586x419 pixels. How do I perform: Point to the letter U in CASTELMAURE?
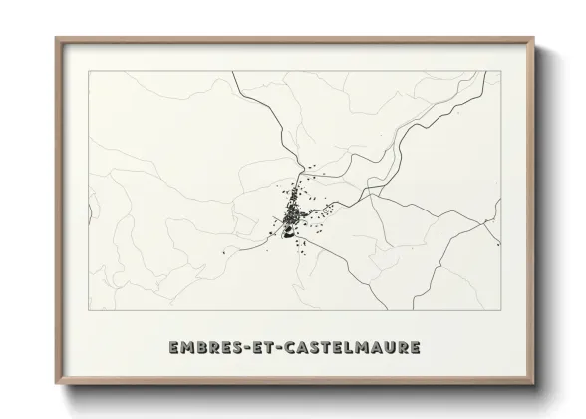(388, 348)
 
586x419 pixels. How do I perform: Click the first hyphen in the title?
(246, 348)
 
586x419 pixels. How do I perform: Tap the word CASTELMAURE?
(352, 348)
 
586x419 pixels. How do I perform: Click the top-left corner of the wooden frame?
(56, 38)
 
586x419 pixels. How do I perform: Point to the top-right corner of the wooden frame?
(533, 38)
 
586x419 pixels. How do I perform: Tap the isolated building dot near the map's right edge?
(497, 242)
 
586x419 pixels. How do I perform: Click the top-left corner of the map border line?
(88, 73)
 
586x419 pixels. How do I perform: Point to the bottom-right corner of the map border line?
(501, 310)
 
